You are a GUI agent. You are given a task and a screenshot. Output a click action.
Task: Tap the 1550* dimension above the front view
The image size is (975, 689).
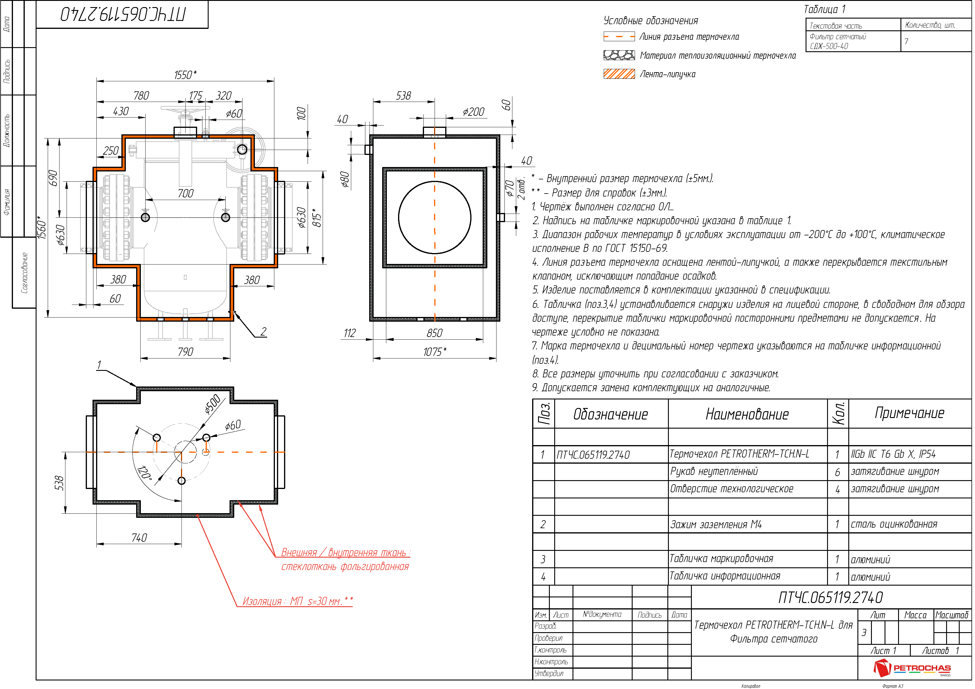(x=185, y=75)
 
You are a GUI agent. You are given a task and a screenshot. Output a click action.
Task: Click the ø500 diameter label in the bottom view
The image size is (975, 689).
(x=212, y=404)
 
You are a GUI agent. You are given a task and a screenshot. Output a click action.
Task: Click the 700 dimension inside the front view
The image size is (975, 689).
(x=186, y=194)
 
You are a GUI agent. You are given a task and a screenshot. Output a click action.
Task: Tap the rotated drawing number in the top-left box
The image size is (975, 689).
(x=123, y=14)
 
